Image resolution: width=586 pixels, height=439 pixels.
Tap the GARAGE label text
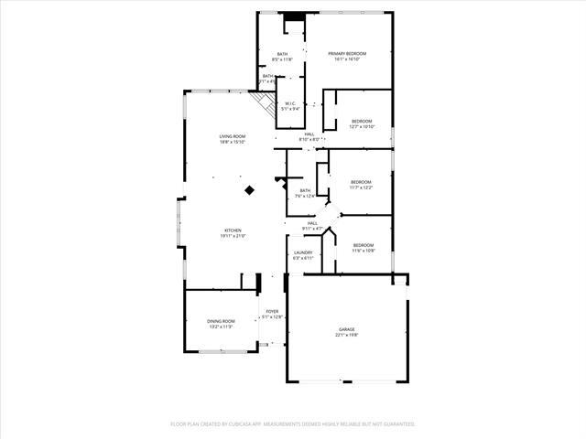pos(347,329)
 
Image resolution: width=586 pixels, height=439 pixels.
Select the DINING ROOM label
pos(221,321)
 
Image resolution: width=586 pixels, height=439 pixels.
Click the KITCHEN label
pos(233,230)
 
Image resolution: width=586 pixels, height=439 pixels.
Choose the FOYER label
pos(272,312)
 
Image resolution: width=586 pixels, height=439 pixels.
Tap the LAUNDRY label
pos(303,252)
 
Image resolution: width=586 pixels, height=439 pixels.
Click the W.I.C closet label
pos(289,103)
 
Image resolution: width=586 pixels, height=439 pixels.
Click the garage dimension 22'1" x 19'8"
pos(347,335)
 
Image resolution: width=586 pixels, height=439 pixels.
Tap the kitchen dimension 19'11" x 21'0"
pos(233,236)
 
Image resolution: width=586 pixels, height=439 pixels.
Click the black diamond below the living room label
pos(249,190)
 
